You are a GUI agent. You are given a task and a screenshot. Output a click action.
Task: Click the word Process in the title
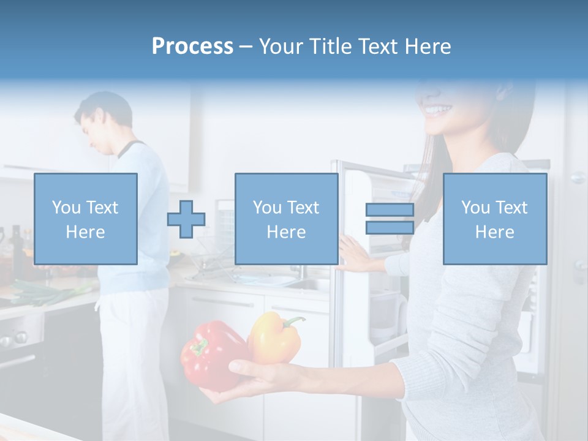[x=192, y=47]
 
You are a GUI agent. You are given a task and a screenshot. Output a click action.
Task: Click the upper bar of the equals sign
[x=390, y=209]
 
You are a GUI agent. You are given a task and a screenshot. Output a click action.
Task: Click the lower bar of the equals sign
[x=390, y=228]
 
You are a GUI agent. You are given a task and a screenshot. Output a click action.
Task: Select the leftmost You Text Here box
[x=86, y=219]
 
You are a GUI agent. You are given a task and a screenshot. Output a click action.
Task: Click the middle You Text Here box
[x=287, y=219]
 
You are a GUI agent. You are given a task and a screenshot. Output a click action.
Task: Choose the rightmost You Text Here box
[x=495, y=219]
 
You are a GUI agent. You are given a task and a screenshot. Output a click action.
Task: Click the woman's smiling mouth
[x=439, y=110]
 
